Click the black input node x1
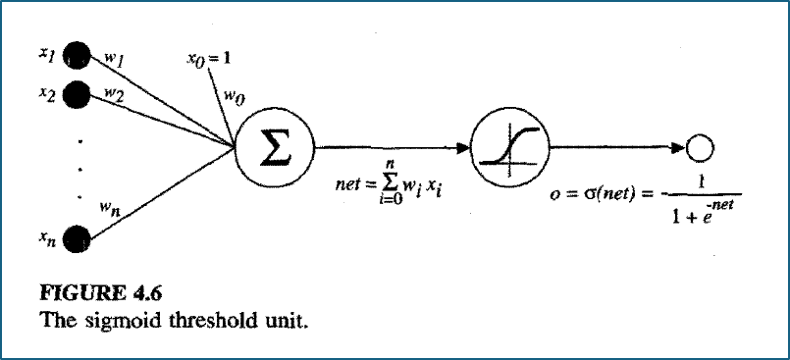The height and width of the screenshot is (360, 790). (77, 54)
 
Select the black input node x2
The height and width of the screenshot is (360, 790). (77, 92)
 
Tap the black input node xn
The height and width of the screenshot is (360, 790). (77, 238)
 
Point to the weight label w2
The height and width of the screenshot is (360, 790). (114, 92)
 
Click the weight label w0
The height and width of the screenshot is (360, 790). (234, 98)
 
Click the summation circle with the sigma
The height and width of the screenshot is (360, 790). (275, 148)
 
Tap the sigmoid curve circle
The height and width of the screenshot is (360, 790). (509, 148)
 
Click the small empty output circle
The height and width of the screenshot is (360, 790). (700, 147)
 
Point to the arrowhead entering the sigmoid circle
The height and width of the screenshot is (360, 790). (463, 148)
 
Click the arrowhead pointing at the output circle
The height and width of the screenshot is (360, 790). (679, 147)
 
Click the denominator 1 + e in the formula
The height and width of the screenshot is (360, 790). (690, 219)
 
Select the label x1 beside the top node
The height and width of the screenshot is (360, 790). (47, 54)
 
